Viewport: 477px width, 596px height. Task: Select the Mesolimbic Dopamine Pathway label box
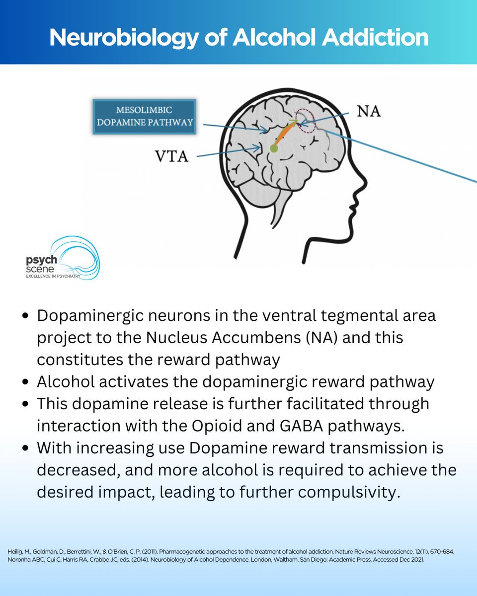click(144, 116)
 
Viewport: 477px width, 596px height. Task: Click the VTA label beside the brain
click(171, 157)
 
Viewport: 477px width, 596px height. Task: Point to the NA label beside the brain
click(369, 111)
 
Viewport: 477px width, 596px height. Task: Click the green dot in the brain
click(274, 148)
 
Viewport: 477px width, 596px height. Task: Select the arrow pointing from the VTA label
click(229, 152)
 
